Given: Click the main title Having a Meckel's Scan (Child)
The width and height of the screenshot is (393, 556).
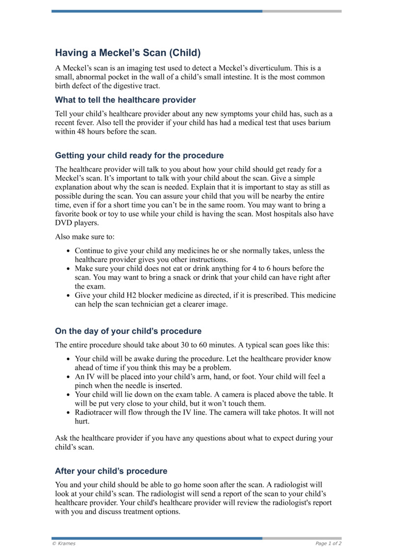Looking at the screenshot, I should click(128, 53).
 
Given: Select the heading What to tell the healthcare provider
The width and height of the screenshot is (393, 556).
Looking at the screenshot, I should click(125, 100).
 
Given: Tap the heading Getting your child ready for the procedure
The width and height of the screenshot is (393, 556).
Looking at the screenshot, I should click(139, 156).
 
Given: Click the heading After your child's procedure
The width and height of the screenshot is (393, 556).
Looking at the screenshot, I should click(111, 471).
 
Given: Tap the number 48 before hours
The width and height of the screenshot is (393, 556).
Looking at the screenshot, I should click(83, 132).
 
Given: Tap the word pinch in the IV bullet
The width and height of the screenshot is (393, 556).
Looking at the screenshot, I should click(84, 386).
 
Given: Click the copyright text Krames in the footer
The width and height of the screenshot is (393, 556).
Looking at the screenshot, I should click(66, 544).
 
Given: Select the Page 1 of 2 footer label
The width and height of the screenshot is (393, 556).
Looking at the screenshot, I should click(328, 544).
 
